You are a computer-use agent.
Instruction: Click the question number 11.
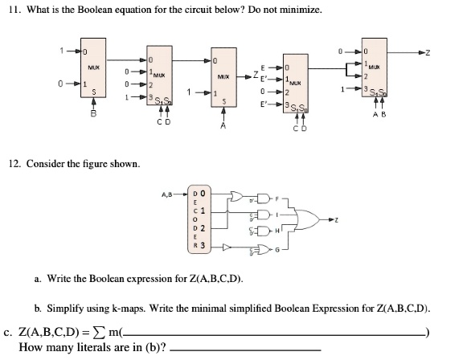pyautogui.click(x=14, y=10)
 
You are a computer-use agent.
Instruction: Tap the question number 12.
pyautogui.click(x=14, y=164)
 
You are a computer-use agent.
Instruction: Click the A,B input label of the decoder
pyautogui.click(x=169, y=193)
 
